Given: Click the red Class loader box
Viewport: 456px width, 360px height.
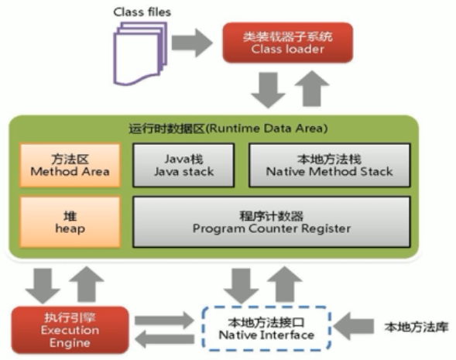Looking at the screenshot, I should tap(287, 42).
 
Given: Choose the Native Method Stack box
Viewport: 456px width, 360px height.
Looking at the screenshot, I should tap(329, 165).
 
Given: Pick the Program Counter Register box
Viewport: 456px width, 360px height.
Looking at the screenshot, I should tap(272, 221).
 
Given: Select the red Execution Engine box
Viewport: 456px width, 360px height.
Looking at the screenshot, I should tap(64, 328).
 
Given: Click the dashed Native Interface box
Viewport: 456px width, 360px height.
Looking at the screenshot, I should tap(266, 328).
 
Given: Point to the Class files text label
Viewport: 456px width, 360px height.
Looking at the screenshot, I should tap(142, 12).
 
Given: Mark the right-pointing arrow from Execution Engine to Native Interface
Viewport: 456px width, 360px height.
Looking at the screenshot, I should tap(165, 318).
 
